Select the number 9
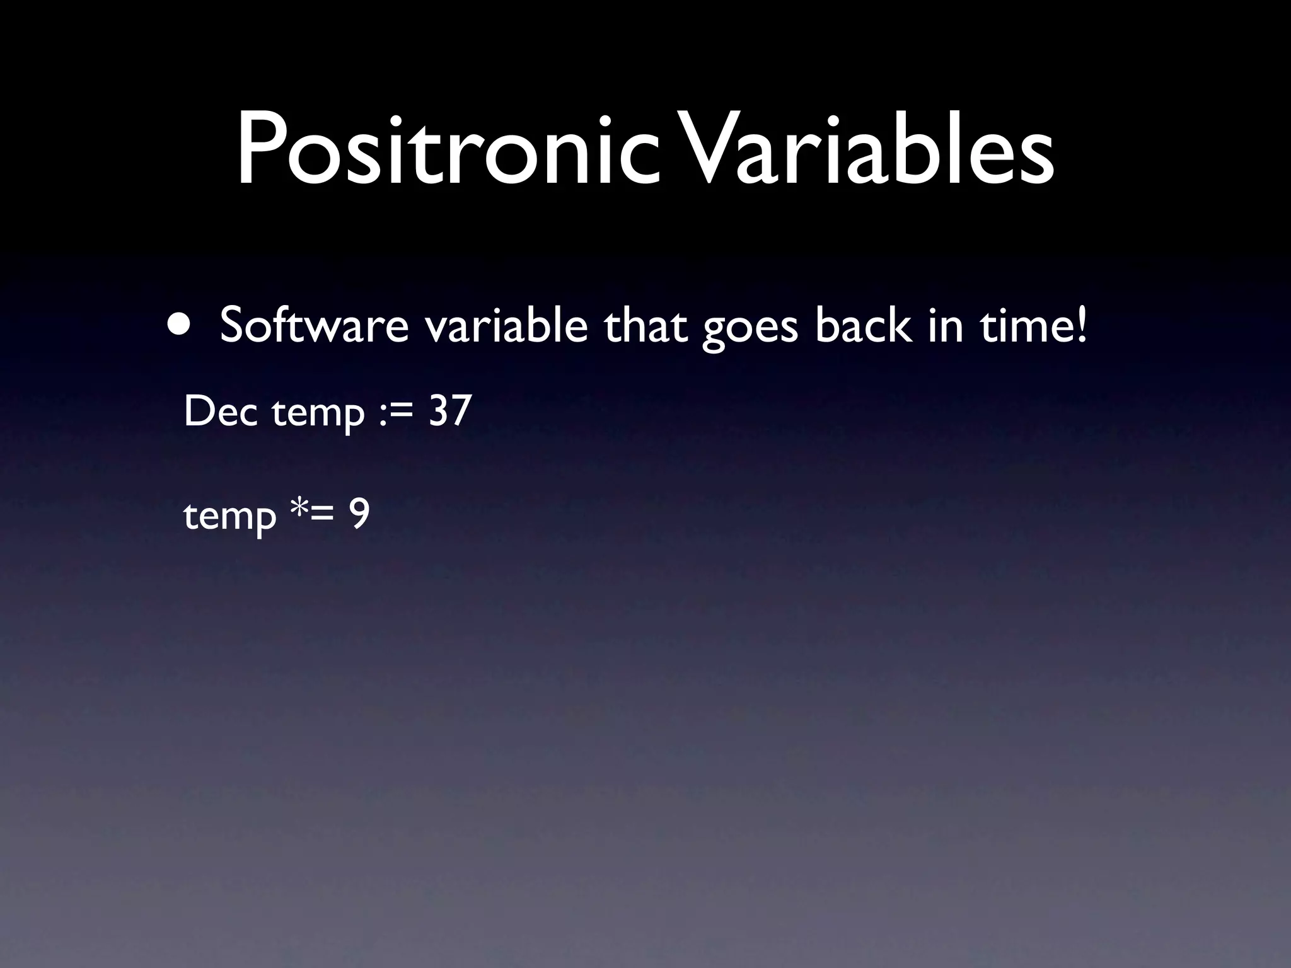(x=360, y=515)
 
